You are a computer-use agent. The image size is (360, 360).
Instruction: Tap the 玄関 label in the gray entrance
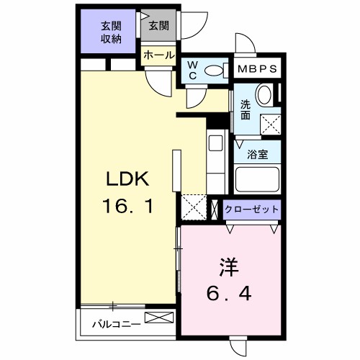[158, 27]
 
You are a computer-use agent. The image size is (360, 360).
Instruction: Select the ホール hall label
[158, 55]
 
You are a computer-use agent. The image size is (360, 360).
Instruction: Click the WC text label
[192, 71]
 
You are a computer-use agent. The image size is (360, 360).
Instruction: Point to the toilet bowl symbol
[213, 71]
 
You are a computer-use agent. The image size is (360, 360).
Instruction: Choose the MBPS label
[256, 70]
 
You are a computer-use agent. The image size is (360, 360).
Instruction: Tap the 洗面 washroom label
[246, 109]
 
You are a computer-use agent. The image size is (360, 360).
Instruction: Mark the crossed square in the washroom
[270, 125]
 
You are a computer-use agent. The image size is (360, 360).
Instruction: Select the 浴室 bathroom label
[257, 153]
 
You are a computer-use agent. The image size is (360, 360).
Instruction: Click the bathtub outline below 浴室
[256, 180]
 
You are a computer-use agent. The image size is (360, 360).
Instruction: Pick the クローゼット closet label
[251, 210]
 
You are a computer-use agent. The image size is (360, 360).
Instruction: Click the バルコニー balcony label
[115, 324]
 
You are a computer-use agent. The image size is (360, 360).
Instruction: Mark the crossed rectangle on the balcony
[159, 318]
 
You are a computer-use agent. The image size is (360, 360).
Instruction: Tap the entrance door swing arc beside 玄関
[189, 27]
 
